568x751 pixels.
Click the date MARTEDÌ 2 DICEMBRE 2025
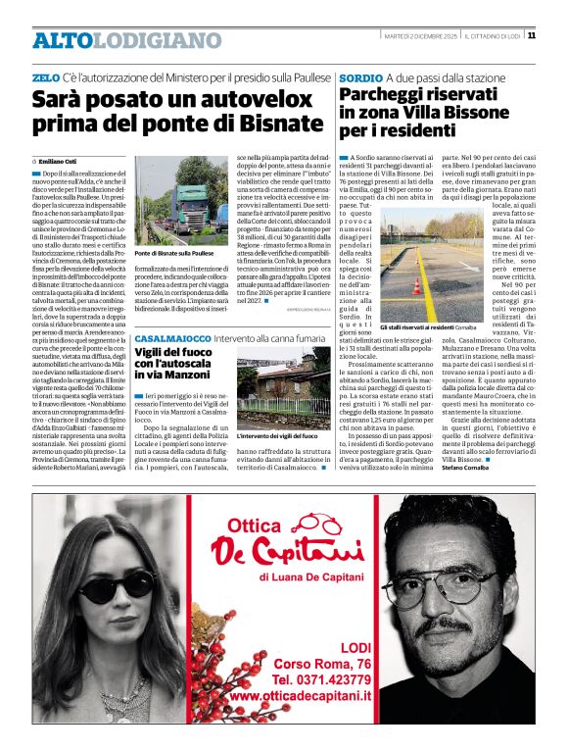point(421,36)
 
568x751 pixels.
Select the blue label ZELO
point(45,76)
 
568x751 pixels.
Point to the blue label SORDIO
point(359,76)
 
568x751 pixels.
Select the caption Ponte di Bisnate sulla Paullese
point(173,253)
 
